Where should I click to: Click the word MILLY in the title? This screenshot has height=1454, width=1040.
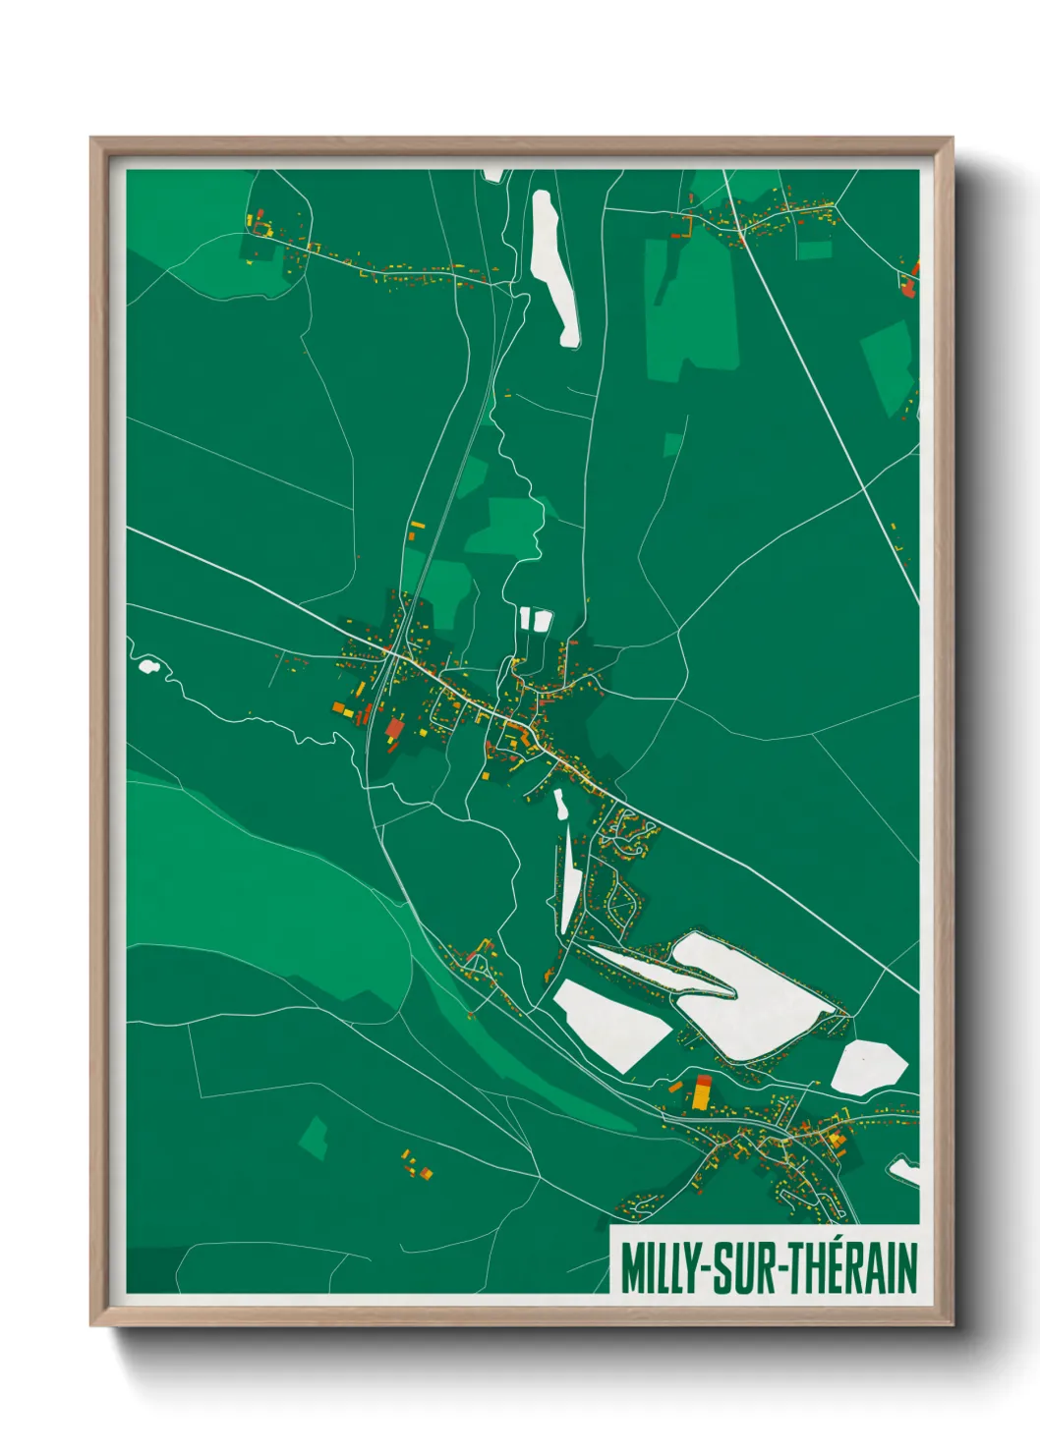point(658,1268)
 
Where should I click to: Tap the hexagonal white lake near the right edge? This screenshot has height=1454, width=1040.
point(868,1067)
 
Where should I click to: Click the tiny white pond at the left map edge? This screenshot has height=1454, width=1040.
point(148,667)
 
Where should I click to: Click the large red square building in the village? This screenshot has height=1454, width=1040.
point(394,728)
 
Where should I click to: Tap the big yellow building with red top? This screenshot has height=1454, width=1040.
point(702,1092)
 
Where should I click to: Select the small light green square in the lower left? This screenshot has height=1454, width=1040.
point(315,1138)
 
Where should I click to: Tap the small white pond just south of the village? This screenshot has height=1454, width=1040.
point(560,805)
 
